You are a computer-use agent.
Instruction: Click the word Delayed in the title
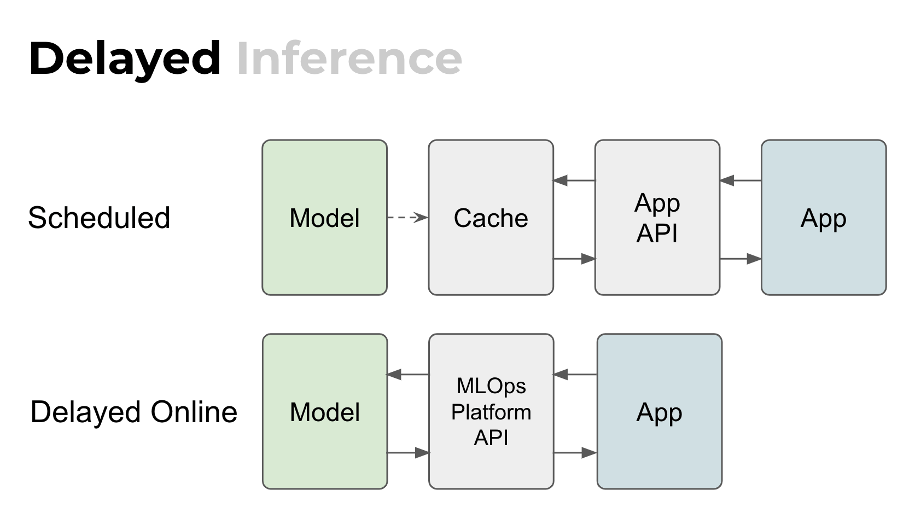[125, 59]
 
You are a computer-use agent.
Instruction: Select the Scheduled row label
[99, 218]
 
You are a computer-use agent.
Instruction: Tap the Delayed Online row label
[134, 412]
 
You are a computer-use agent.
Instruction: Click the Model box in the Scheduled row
[325, 218]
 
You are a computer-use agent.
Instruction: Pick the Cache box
[491, 218]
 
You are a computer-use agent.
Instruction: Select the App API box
[657, 218]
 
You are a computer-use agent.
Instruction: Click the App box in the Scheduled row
[824, 218]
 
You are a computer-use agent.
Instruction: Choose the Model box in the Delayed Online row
[325, 412]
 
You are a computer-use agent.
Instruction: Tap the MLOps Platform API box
[491, 412]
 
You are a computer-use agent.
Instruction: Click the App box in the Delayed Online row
[660, 412]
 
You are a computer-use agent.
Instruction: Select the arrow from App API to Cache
[574, 180]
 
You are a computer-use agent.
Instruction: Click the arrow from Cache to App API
[574, 259]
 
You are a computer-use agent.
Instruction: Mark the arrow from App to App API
[741, 180]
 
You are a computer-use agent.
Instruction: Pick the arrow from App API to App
[741, 259]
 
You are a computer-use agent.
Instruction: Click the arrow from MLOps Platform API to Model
[408, 375]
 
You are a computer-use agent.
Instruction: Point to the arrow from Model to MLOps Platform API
[409, 453]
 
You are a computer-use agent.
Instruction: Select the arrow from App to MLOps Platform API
[575, 375]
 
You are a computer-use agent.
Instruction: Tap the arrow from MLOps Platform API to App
[575, 453]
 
